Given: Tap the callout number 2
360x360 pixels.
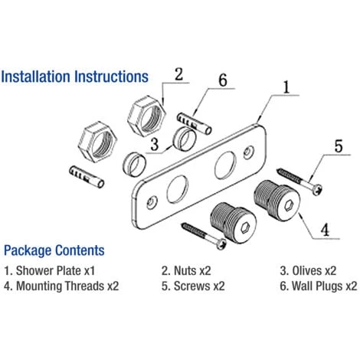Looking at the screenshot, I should click(x=178, y=74).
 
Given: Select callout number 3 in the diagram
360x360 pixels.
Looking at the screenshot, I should click(x=155, y=142).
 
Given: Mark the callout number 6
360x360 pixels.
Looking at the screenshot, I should click(x=223, y=80).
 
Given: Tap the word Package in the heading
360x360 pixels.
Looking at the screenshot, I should click(x=30, y=250).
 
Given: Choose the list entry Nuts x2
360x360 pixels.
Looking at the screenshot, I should click(x=188, y=270).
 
